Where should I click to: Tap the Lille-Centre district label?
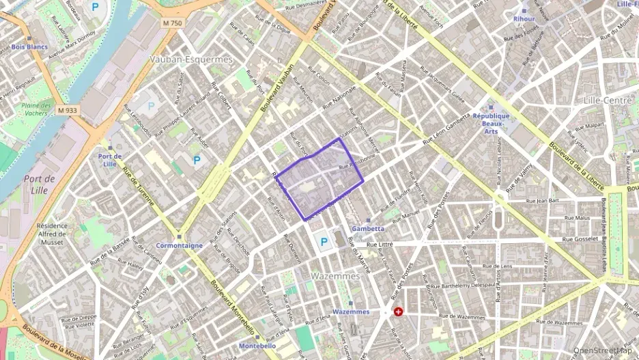(608, 100)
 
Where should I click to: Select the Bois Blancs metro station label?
(29, 47)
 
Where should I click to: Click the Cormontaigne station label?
(179, 245)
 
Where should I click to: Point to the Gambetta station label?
(367, 228)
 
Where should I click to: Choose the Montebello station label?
(257, 346)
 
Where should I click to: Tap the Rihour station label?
(524, 19)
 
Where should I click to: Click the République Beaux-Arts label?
(491, 124)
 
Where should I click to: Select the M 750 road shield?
(173, 23)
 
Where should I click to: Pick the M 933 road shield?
(67, 110)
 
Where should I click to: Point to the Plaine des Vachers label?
(36, 109)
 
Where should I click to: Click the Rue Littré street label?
(381, 244)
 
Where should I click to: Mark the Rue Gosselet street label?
(580, 240)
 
